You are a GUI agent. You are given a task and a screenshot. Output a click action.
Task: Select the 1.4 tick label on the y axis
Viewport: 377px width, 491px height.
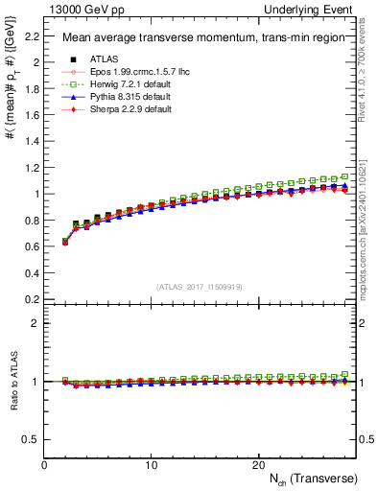[31, 141]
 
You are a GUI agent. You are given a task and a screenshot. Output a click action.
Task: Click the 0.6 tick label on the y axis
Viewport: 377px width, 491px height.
[31, 245]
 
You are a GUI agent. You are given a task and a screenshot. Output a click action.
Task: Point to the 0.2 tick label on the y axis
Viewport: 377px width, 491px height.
[31, 298]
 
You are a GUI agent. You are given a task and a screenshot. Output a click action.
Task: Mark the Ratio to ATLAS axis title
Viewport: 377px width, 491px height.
[12, 381]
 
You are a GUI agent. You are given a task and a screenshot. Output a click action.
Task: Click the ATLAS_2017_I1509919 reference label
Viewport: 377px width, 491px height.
[200, 286]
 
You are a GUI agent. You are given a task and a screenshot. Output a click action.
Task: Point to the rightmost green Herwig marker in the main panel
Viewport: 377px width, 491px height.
[346, 176]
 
